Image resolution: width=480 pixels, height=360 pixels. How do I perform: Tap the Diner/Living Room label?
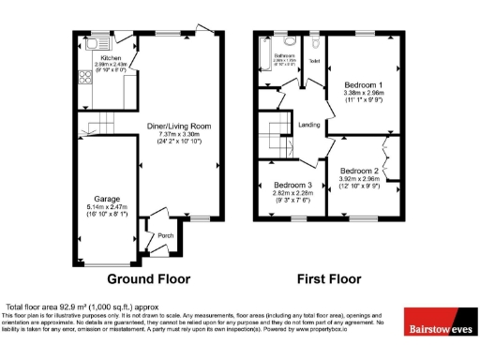[178, 126]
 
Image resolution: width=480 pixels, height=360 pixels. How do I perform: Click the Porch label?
[165, 235]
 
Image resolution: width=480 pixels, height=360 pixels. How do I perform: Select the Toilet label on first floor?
[315, 62]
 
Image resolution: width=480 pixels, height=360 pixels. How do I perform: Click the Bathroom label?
[284, 56]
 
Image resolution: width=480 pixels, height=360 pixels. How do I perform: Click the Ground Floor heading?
[148, 278]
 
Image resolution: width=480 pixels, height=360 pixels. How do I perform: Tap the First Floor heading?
[329, 278]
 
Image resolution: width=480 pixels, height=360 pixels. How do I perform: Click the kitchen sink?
[95, 42]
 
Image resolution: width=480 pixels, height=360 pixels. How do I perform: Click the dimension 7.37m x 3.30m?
[178, 135]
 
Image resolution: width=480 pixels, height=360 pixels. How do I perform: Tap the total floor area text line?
[82, 307]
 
